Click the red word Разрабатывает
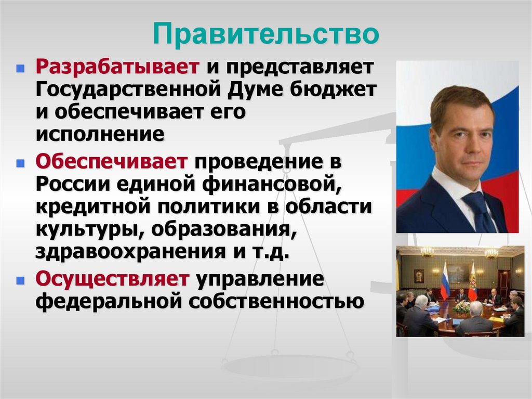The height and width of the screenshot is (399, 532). (x=118, y=67)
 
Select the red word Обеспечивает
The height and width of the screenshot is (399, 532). (x=111, y=161)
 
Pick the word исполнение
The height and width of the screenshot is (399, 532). (x=100, y=134)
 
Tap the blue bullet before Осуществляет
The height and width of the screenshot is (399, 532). (x=20, y=280)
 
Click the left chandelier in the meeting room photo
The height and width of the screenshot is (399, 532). (x=427, y=252)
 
